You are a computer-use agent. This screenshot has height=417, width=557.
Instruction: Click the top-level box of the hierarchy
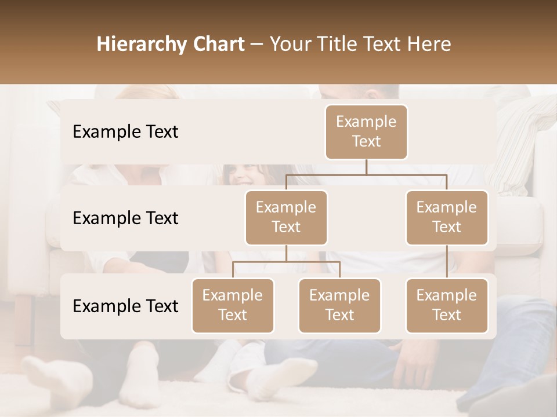point(366,131)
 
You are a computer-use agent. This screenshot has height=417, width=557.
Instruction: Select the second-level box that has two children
point(286,217)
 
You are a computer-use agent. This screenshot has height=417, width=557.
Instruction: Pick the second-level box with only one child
point(447,217)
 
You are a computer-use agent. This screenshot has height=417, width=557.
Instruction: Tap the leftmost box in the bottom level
point(233,305)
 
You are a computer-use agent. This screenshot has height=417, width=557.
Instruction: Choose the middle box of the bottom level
point(339,305)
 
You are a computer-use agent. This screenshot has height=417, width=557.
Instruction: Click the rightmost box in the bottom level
point(447,305)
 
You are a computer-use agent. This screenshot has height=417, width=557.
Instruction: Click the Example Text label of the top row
point(125,132)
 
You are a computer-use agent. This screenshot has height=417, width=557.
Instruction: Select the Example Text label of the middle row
point(125,218)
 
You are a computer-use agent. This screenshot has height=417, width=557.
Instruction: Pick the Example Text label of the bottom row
point(125,306)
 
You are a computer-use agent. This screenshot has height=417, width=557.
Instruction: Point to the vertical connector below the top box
point(366,167)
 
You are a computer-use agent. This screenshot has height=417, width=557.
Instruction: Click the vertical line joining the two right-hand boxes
point(447,262)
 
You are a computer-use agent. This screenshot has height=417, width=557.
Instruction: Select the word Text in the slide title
point(381,45)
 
